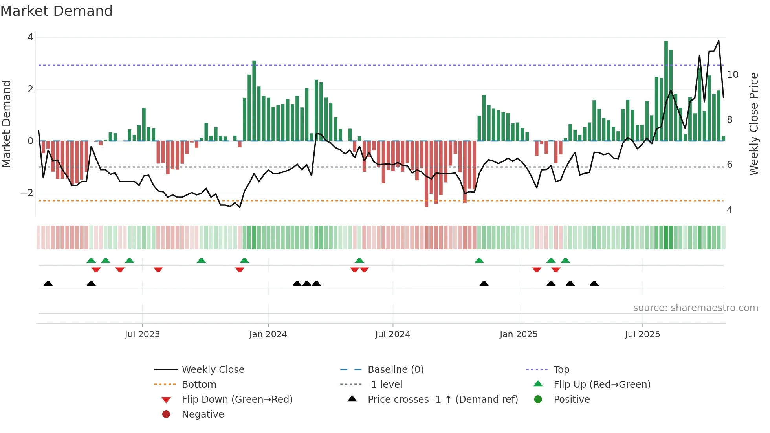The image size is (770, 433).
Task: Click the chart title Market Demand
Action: (x=57, y=11)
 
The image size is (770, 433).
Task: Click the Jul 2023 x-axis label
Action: (x=142, y=334)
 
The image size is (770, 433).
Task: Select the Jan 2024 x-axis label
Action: (x=268, y=334)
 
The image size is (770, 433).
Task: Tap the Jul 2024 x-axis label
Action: (x=392, y=334)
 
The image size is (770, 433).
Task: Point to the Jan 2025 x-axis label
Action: (x=518, y=334)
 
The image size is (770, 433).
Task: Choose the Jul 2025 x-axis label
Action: (x=642, y=334)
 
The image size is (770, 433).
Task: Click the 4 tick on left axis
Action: (x=30, y=37)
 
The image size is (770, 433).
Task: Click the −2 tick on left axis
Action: (x=27, y=193)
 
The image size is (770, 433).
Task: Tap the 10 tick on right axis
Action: (x=732, y=75)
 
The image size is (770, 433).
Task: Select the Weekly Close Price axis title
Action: (x=753, y=124)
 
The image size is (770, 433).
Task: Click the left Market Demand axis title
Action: (x=6, y=124)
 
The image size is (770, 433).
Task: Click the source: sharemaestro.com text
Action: (x=695, y=308)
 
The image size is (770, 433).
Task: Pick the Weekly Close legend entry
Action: (x=213, y=370)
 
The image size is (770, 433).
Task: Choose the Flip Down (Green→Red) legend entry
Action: (x=237, y=400)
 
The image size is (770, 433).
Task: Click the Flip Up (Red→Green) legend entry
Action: (x=602, y=385)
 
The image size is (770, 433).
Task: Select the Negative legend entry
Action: (x=203, y=415)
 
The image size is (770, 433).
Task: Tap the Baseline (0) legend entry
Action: (x=395, y=370)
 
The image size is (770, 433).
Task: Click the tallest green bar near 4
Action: (x=666, y=90)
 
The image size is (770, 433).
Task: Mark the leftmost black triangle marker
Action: (x=48, y=283)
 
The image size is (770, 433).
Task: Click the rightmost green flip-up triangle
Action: (x=565, y=261)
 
